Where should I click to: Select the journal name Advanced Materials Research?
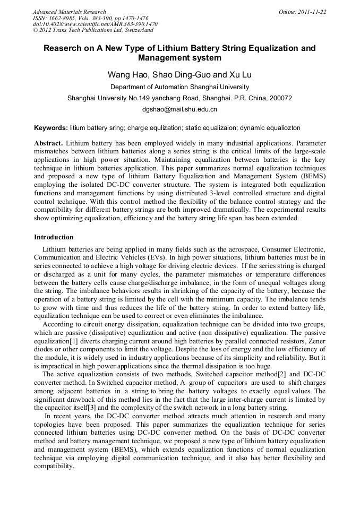[69, 12]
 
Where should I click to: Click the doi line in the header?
[95, 24]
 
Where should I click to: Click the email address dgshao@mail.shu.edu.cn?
[180, 109]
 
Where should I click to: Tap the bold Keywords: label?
[51, 128]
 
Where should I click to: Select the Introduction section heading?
[54, 237]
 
